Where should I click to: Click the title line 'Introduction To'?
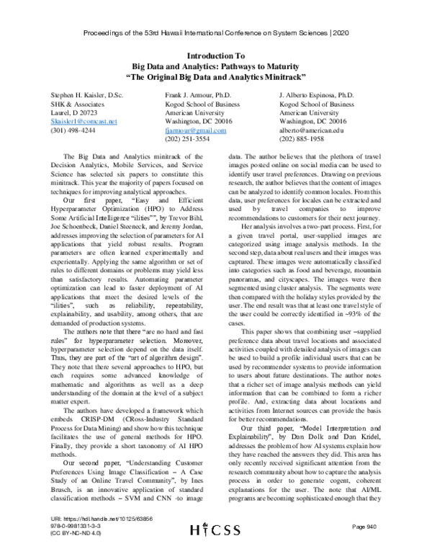click(x=216, y=55)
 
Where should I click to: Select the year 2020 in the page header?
click(x=343, y=32)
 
